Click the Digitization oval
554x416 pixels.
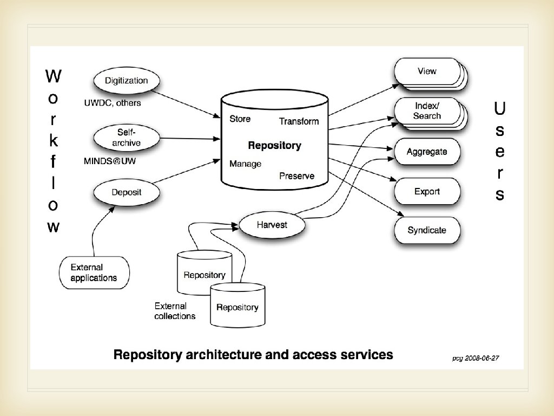click(126, 81)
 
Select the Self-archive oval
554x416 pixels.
click(126, 138)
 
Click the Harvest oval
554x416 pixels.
click(272, 224)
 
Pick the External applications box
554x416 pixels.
click(94, 272)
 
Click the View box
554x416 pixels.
click(426, 71)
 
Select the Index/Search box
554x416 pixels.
click(426, 111)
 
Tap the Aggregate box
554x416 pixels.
click(427, 152)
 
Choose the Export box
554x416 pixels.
click(427, 191)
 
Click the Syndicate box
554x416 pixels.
click(427, 230)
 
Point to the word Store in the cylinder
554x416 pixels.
click(240, 119)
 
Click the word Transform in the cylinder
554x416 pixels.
click(299, 121)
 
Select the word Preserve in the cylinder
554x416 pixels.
click(296, 176)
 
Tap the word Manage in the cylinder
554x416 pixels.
click(245, 164)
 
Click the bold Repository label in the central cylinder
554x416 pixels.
click(274, 145)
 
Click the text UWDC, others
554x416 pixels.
click(112, 103)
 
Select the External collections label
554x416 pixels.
click(175, 311)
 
